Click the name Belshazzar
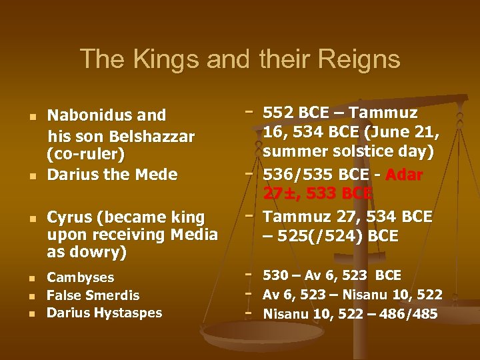tap(153, 137)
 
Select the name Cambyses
tap(81, 277)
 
